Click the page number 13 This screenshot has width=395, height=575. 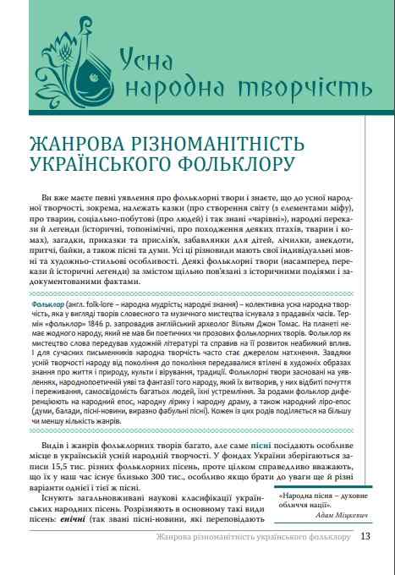point(365,559)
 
